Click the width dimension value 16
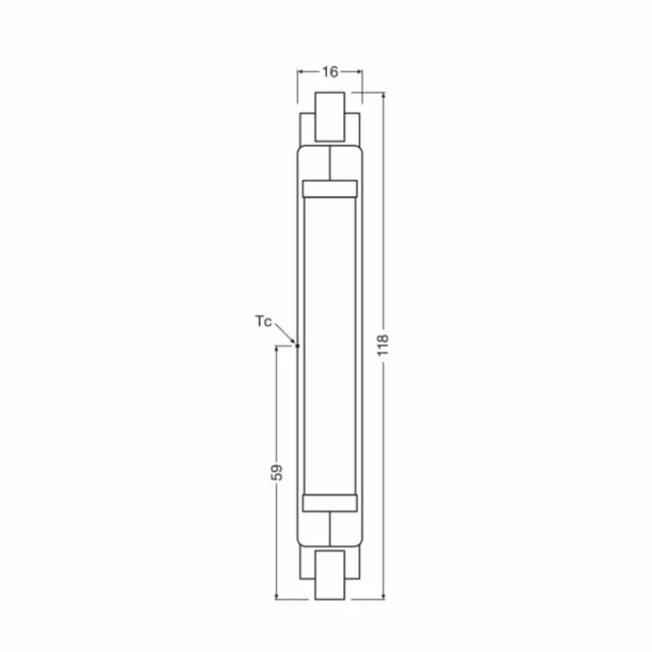329,72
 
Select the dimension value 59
277,473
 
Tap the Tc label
262,320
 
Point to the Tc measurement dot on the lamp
298,346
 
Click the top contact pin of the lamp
330,117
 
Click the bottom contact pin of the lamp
330,574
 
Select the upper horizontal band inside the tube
330,189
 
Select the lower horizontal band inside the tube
330,503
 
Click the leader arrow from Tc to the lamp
287,333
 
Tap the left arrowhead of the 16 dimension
301,72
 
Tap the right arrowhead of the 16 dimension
359,72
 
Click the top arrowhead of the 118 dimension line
384,96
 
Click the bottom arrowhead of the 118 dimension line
384,597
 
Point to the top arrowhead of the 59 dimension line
277,350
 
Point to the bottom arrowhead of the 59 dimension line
277,597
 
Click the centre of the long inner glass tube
330,346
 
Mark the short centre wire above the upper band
330,163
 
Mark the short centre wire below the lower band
330,528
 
